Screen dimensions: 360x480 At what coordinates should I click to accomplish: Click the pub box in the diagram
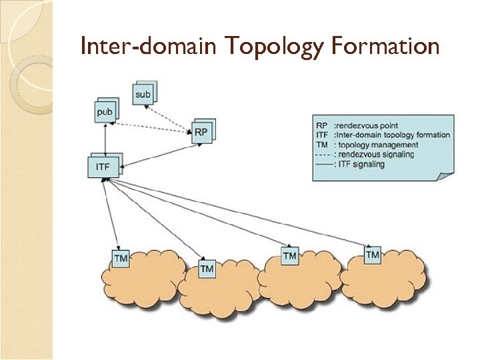105,111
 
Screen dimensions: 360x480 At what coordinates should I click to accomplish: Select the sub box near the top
143,94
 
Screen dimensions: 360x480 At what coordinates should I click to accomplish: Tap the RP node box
201,133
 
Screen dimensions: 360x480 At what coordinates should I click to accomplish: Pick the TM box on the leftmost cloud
121,258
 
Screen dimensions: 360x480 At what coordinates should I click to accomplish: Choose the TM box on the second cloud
207,269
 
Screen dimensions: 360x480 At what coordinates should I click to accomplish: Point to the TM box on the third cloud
289,256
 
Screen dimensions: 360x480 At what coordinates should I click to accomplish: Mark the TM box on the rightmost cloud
372,255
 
